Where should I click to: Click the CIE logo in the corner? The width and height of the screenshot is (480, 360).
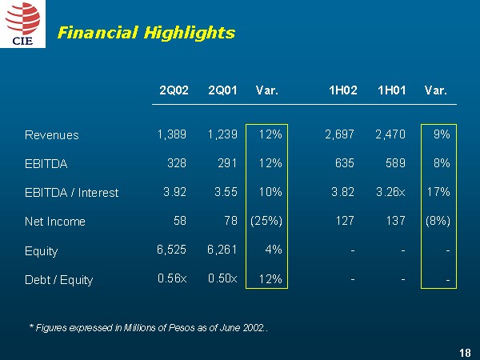[x=23, y=25]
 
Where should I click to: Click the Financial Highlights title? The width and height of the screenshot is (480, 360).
[x=146, y=33]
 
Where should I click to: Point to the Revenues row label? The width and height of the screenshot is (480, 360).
[x=52, y=135]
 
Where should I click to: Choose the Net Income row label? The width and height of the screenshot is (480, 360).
[x=55, y=222]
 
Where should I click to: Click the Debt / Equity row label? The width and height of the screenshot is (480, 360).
[x=58, y=280]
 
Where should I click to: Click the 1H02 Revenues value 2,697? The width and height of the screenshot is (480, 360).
[x=339, y=134]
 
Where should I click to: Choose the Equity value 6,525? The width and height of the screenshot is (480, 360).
[x=172, y=250]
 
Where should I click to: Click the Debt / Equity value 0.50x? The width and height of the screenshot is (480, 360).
[x=222, y=278]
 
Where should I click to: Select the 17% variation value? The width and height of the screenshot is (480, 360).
[x=438, y=192]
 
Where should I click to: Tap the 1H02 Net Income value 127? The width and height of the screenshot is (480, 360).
[x=345, y=221]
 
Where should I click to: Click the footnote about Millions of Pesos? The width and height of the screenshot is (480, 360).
[x=147, y=328]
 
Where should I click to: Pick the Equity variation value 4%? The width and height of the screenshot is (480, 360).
[x=274, y=250]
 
